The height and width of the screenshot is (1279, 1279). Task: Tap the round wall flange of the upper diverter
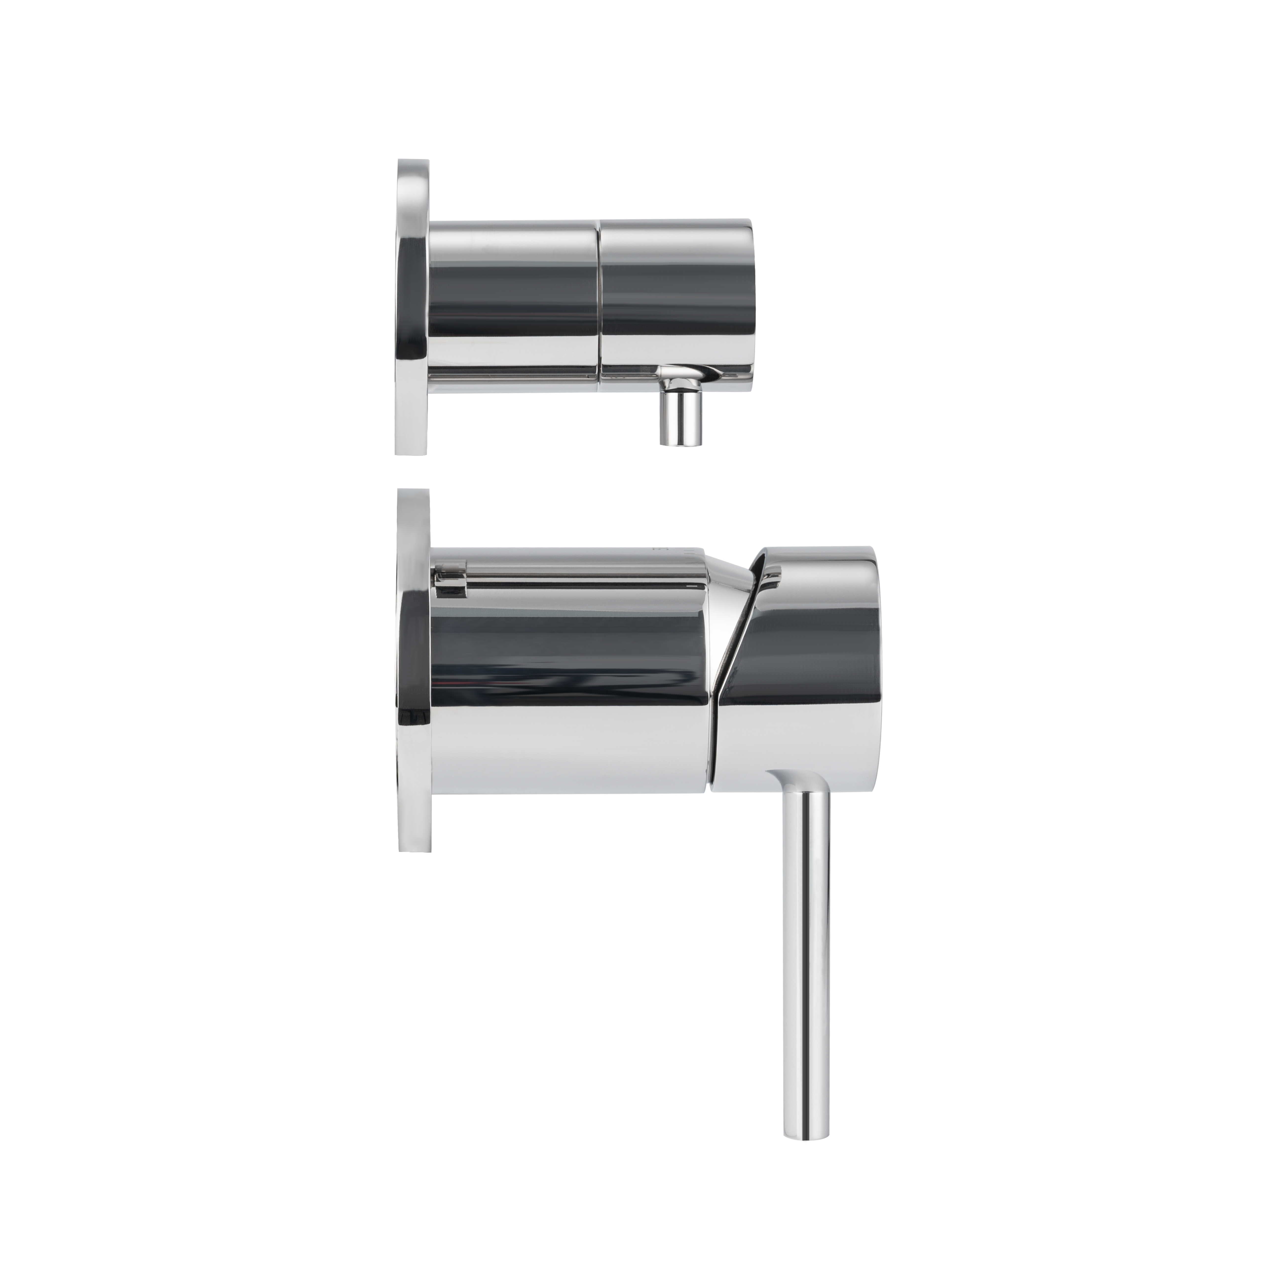pos(412,308)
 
